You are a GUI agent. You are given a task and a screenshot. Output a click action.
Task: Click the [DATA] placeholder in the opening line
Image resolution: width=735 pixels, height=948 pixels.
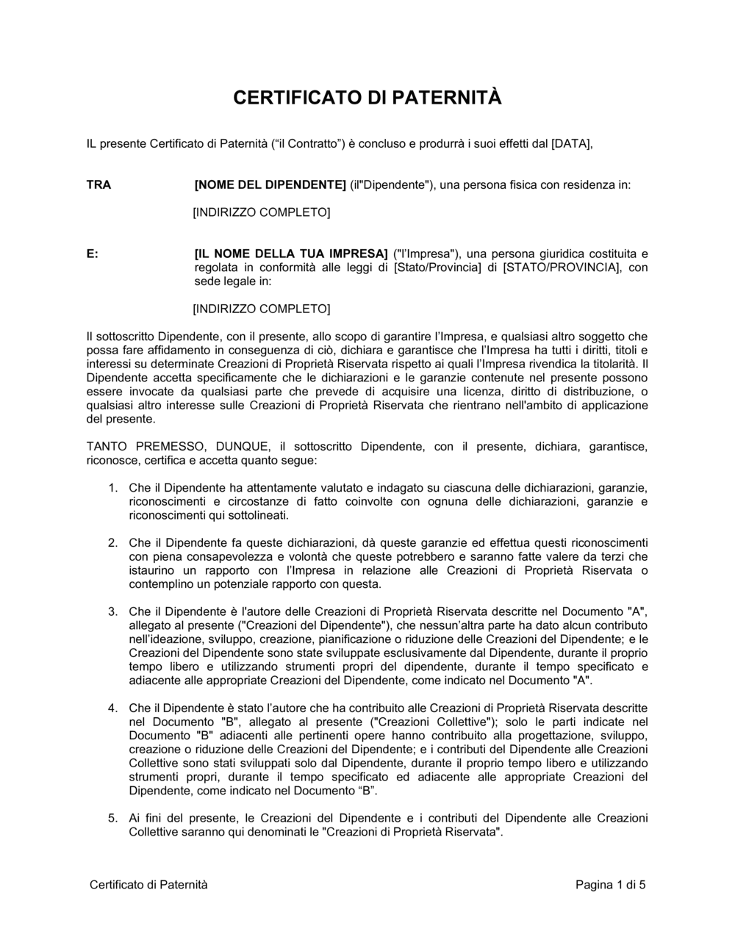point(571,144)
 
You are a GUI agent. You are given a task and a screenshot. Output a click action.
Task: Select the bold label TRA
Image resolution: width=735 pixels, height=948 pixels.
point(98,185)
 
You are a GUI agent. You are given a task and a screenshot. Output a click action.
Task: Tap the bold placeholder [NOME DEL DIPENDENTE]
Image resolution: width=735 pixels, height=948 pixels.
point(269,185)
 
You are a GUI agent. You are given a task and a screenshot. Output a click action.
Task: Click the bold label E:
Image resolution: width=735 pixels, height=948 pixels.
point(93,254)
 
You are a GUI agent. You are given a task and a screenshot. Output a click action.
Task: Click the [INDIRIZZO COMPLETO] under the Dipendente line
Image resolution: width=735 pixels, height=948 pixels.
point(261,212)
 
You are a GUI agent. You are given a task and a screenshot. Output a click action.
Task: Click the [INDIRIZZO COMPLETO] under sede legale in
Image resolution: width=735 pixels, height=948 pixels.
point(261,309)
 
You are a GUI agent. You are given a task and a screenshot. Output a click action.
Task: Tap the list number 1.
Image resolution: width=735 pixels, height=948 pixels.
point(112,487)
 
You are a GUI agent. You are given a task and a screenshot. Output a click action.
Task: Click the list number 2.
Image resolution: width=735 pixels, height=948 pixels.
point(112,542)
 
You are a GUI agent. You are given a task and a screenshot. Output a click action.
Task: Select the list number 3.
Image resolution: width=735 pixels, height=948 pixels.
point(112,611)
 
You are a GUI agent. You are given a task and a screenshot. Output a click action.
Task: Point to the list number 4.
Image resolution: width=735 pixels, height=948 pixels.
point(112,708)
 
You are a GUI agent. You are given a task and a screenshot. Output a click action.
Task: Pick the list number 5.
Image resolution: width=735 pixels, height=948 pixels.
point(112,818)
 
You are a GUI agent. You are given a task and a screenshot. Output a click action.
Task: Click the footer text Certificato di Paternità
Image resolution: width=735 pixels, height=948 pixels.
point(148,884)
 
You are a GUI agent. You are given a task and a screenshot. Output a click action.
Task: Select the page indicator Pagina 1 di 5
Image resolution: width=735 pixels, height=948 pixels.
point(611,884)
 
